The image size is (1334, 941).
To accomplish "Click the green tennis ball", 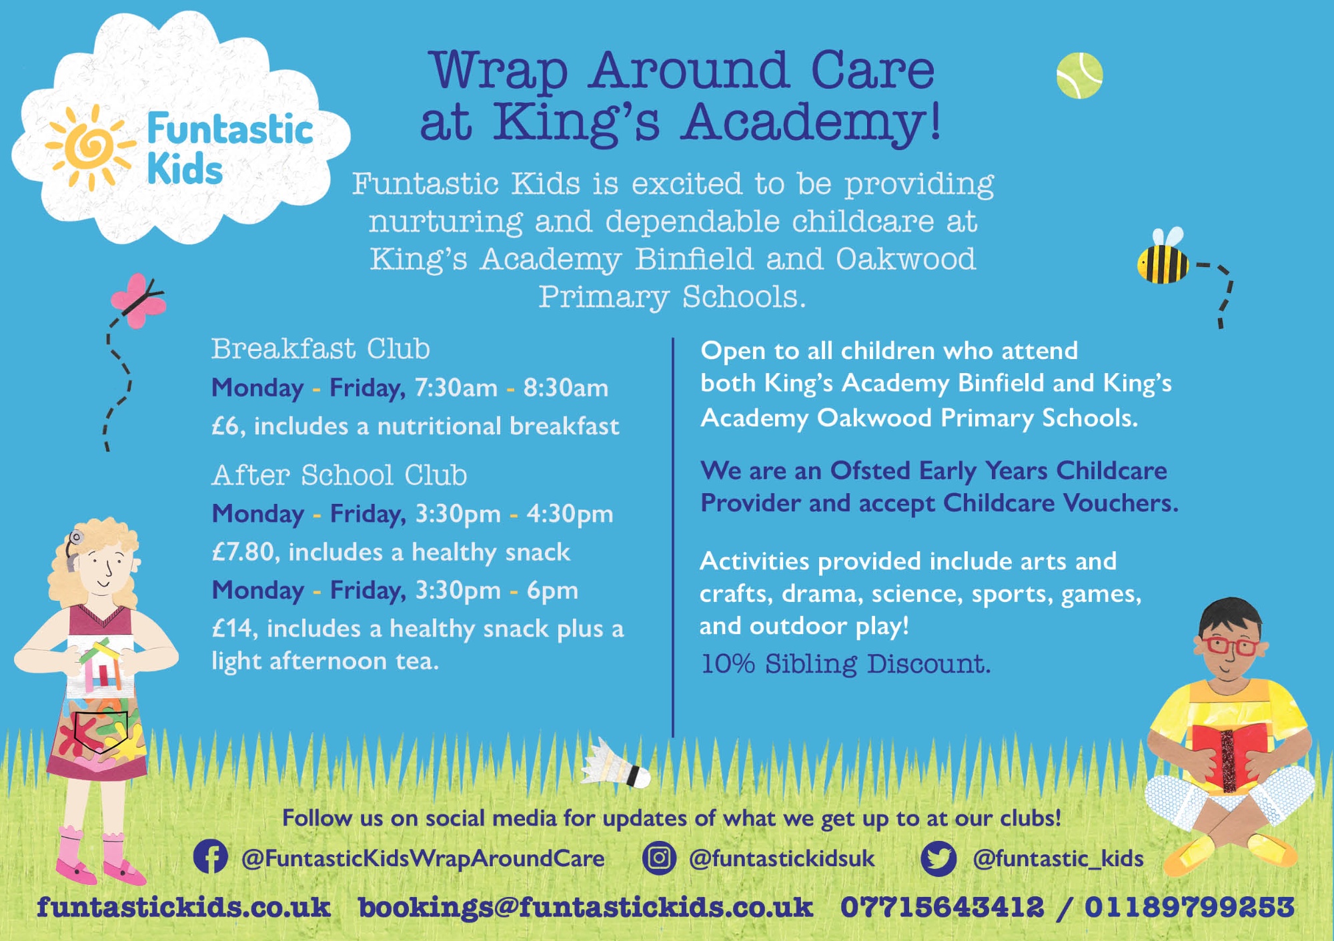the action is pyautogui.click(x=1079, y=75).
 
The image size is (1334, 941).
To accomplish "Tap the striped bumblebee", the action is pyautogui.click(x=1163, y=259).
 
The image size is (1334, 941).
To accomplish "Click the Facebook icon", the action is pyautogui.click(x=210, y=856).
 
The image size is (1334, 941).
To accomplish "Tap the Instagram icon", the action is pyautogui.click(x=659, y=857).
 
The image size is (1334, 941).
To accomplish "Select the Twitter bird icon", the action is pyautogui.click(x=938, y=858).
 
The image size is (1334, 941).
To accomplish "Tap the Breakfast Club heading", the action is pyautogui.click(x=321, y=348).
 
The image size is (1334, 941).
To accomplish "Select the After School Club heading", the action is pyautogui.click(x=340, y=475).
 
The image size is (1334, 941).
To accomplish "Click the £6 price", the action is pyautogui.click(x=225, y=426).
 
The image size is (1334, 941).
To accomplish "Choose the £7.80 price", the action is pyautogui.click(x=243, y=552).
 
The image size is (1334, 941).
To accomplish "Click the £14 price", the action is pyautogui.click(x=232, y=628).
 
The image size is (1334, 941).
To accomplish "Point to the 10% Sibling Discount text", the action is pyautogui.click(x=846, y=663).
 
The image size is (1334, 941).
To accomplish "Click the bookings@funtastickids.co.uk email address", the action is pyautogui.click(x=586, y=907).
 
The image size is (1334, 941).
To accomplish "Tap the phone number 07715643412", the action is pyautogui.click(x=942, y=907).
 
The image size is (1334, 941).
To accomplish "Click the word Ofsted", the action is pyautogui.click(x=870, y=470).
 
